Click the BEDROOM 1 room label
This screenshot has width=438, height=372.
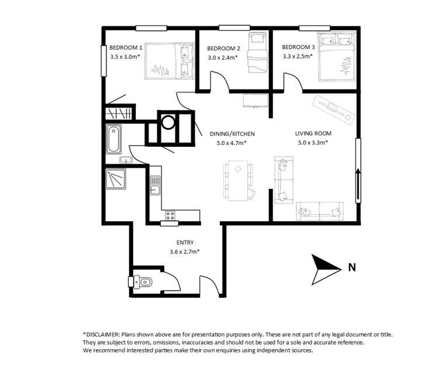pos(126,47)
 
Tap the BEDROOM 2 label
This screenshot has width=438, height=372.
pos(223,49)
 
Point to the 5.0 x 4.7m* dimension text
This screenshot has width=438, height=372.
pos(228,142)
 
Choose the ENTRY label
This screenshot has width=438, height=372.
pos(185,243)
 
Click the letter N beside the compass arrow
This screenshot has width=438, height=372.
pos(351,268)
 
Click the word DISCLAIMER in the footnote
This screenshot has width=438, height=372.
pos(105,334)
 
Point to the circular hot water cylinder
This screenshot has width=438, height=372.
pos(168,122)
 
